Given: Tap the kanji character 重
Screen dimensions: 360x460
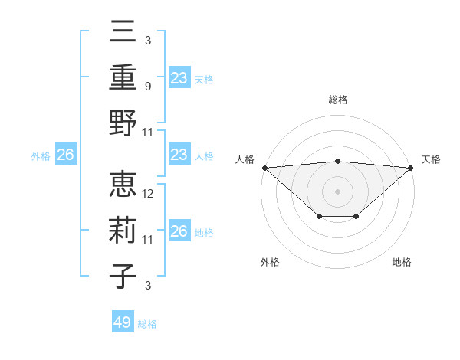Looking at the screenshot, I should click(x=123, y=77).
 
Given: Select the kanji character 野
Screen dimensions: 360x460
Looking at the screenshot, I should click(x=123, y=123).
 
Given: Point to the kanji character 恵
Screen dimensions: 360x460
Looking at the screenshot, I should click(x=123, y=185).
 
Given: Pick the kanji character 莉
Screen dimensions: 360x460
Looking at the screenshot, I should click(x=123, y=231).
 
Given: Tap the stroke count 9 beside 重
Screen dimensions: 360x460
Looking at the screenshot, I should click(x=149, y=87).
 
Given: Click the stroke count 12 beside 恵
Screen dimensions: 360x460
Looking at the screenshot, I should click(x=149, y=195).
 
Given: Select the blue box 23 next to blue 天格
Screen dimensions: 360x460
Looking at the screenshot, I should click(x=179, y=78).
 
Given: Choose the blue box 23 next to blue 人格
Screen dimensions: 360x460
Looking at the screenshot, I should click(x=179, y=155).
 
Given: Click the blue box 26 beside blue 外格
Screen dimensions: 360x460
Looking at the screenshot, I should click(x=65, y=155).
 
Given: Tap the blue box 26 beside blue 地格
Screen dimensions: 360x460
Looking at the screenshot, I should click(x=179, y=232).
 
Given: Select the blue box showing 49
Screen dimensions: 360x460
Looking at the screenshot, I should click(x=123, y=322).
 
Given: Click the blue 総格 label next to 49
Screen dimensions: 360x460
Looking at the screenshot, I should click(x=147, y=324).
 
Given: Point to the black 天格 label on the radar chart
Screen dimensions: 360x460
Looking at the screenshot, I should click(x=432, y=159).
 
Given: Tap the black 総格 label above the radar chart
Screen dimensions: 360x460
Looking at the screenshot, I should click(x=338, y=100).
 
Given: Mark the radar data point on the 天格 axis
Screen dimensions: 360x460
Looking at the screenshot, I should click(x=411, y=168).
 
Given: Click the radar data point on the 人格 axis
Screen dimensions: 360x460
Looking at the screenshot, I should click(x=264, y=168).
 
